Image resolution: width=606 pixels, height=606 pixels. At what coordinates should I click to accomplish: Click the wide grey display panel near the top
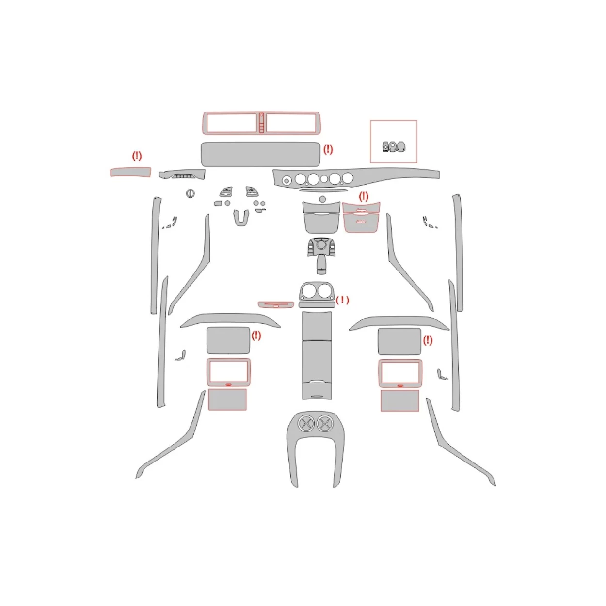click(x=260, y=153)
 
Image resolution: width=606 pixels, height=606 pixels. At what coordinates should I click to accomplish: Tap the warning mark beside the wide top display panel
click(x=328, y=149)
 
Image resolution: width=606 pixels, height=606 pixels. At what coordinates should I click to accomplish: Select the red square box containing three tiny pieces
click(x=394, y=141)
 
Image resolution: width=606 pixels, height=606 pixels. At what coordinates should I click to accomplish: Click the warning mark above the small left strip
click(x=137, y=156)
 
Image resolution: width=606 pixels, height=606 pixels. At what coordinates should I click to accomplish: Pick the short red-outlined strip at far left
click(x=130, y=172)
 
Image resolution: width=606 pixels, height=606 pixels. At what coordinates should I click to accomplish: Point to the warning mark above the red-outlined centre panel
click(x=363, y=196)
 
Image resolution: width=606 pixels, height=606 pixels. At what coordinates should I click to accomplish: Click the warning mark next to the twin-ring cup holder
click(x=342, y=300)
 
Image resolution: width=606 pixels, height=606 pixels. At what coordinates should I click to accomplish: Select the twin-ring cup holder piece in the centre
click(x=316, y=291)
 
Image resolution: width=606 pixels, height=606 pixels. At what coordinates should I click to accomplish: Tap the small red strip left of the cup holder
click(x=276, y=304)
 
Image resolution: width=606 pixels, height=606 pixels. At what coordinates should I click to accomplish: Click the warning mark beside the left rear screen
click(x=256, y=335)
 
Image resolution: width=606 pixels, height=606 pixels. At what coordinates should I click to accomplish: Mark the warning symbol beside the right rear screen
click(x=428, y=340)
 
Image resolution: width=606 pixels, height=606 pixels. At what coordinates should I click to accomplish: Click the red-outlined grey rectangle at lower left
click(x=227, y=399)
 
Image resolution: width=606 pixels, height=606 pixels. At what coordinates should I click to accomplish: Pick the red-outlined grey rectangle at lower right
click(x=399, y=400)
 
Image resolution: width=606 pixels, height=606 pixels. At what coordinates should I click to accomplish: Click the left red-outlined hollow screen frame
click(x=228, y=372)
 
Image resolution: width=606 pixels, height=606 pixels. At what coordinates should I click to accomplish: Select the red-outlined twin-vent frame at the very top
click(x=261, y=123)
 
